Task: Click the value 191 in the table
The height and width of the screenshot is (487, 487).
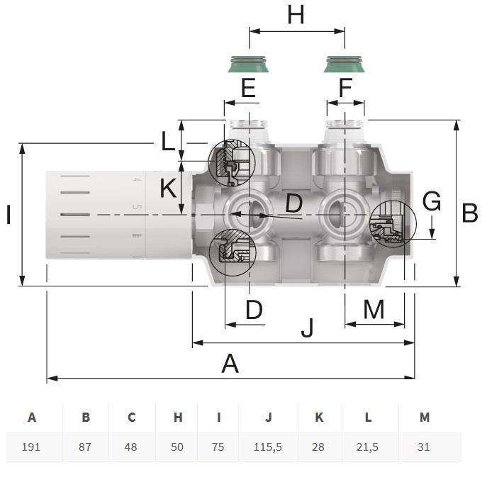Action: tap(31, 447)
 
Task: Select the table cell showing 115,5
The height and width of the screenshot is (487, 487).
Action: tap(268, 447)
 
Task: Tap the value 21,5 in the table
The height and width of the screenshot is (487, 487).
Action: tap(367, 447)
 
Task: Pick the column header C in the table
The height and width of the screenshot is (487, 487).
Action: tap(132, 417)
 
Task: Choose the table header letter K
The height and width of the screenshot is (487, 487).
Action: tap(319, 417)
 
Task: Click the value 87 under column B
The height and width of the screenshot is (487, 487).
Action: tap(85, 447)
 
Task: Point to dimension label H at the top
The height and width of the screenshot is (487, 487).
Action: tap(296, 15)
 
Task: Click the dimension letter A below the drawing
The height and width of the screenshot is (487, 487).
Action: tap(230, 364)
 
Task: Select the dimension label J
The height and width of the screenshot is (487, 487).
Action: tap(308, 328)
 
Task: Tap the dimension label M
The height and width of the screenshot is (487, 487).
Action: tap(374, 309)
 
